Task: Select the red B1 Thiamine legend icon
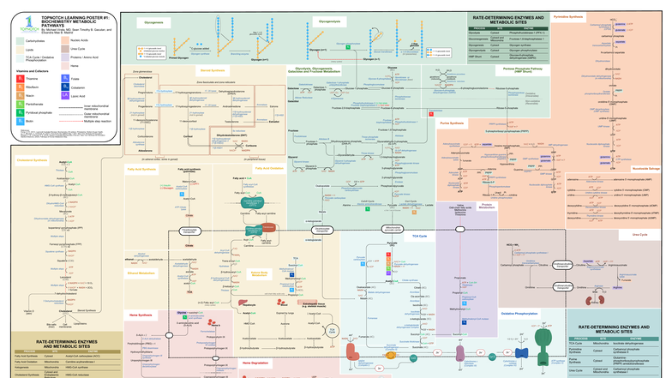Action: pyautogui.click(x=19, y=79)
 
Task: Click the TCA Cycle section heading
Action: pyautogui.click(x=419, y=235)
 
